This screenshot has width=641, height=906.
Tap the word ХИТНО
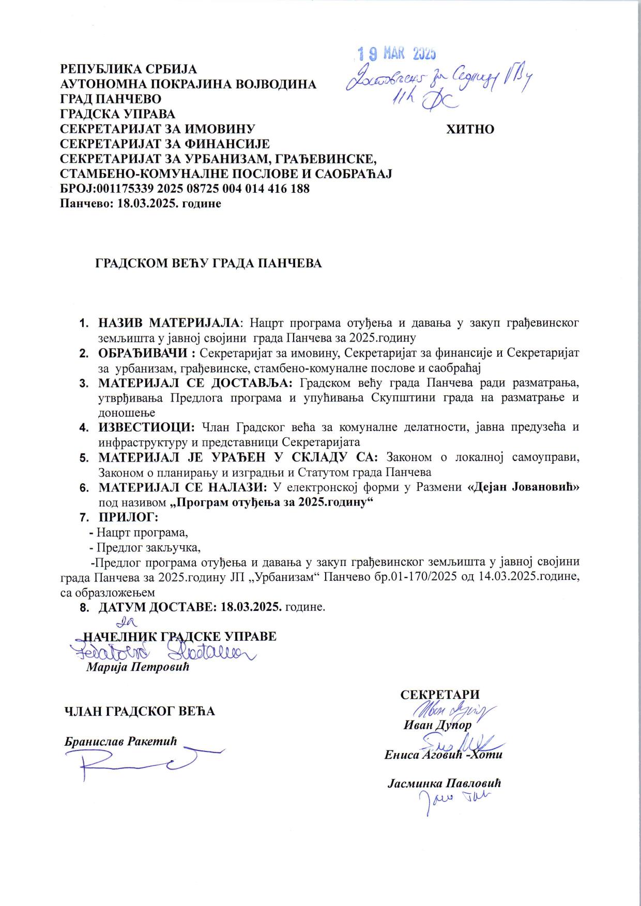coord(470,129)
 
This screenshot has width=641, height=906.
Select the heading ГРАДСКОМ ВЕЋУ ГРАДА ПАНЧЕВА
coord(208,263)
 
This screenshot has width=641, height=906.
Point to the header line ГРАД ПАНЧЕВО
coord(111,99)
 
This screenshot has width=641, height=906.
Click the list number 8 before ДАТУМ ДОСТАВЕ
coord(83,607)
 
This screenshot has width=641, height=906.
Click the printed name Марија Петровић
coord(138,667)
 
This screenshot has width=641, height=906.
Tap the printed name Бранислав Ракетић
coord(120,741)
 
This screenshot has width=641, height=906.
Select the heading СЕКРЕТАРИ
coord(440,694)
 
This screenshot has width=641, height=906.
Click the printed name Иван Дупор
coord(437,725)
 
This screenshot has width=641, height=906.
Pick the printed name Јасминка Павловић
coord(444,782)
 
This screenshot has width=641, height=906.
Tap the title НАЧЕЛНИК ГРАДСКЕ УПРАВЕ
coord(180,636)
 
